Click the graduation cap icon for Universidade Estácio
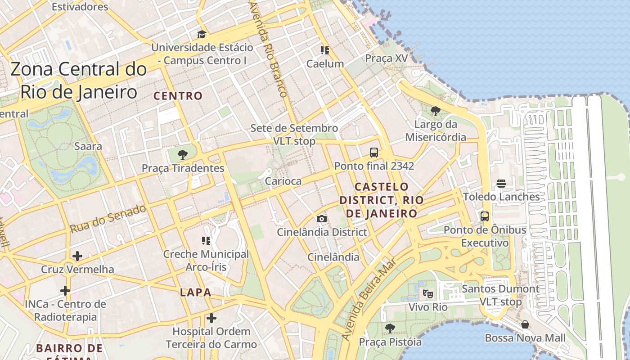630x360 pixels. coord(202,34)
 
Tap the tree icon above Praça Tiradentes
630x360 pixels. coord(183,155)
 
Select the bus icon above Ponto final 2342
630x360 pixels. coord(374,153)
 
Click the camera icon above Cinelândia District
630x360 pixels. coord(322,219)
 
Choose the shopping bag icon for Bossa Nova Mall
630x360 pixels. coord(525,324)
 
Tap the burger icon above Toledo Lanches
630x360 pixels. coord(501,184)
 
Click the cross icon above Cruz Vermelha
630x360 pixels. coord(77,256)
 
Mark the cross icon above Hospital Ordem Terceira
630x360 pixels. coord(211,318)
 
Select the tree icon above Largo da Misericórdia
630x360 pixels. coord(435,111)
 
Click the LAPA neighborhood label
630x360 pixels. coord(196,292)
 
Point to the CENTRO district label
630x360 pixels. coord(178,96)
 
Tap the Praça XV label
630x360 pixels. coord(386,58)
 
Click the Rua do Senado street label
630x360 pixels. coord(108,219)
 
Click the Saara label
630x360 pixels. coord(88,146)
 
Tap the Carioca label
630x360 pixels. coord(283,181)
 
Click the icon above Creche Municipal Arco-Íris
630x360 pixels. coord(206,241)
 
